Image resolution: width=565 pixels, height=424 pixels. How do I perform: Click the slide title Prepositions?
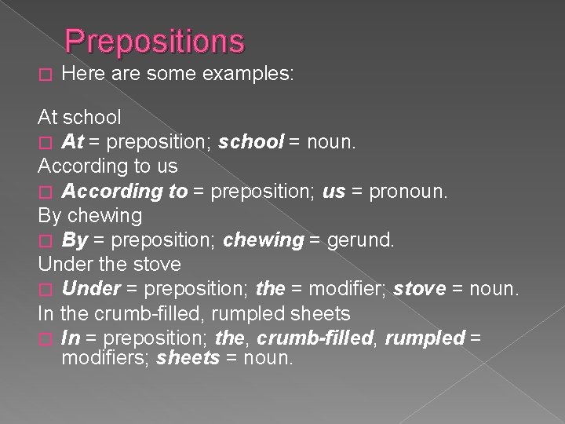tap(155, 41)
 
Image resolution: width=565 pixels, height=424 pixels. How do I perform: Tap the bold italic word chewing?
tap(264, 239)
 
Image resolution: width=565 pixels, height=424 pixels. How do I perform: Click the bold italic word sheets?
tap(188, 359)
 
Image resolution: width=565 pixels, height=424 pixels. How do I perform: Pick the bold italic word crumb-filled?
tap(304, 338)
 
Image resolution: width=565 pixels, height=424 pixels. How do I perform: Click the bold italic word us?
tap(334, 191)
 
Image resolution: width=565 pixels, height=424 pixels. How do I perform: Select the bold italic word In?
tap(71, 338)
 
